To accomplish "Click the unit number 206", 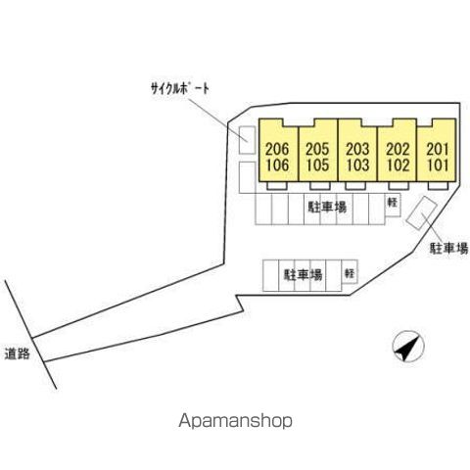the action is tap(277, 150).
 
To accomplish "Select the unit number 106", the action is tap(277, 164).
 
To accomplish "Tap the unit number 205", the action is tap(317, 150).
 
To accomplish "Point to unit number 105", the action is tap(317, 164).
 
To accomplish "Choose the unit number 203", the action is tap(357, 150).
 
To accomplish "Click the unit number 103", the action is tap(357, 164).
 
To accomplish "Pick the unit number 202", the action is tap(398, 150).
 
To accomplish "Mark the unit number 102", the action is tap(398, 164).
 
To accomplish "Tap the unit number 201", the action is tap(438, 150).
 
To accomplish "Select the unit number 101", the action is tap(438, 164).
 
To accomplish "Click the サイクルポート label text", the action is tap(180, 88).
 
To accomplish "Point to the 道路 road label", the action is tap(18, 353).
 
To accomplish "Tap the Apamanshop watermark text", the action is tap(235, 421).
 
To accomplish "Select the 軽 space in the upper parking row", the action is tap(393, 205).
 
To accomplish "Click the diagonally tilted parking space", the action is tap(421, 213).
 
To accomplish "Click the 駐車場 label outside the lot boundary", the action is tap(449, 249).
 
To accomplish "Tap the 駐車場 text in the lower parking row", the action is tap(304, 275).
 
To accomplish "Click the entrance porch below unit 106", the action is tap(277, 185).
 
